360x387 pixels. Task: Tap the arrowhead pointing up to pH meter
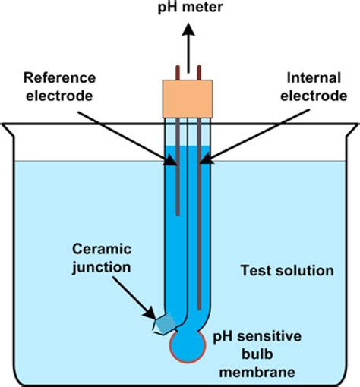tap(187, 31)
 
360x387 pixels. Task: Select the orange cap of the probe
tap(187, 98)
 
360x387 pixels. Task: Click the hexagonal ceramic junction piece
tap(163, 324)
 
